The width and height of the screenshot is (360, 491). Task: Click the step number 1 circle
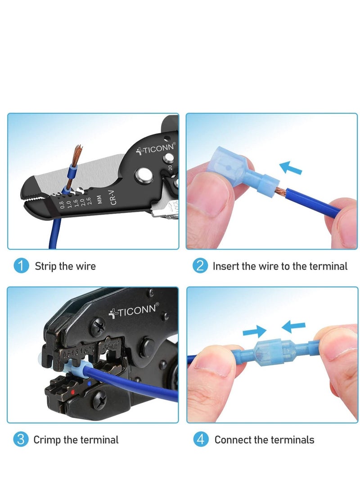click(21, 266)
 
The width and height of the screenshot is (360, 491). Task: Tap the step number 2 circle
click(200, 266)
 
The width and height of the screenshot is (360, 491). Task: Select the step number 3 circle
click(21, 439)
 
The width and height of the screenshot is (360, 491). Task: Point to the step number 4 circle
click(200, 439)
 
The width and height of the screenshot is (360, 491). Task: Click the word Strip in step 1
click(47, 266)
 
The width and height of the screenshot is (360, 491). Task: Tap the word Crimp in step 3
click(47, 439)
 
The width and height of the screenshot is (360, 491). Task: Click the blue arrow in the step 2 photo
click(290, 168)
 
